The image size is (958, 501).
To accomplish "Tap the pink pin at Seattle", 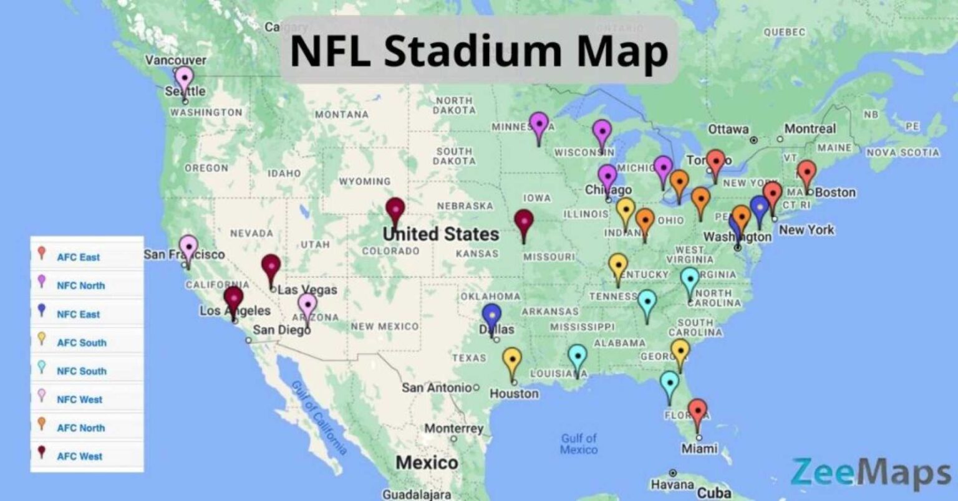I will coord(184,79).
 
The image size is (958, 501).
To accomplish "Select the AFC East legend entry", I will coord(78,257).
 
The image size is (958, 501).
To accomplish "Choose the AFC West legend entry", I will coord(79,456).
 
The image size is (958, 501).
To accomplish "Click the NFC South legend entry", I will coord(81,371).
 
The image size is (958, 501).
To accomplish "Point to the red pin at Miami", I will coord(697,412).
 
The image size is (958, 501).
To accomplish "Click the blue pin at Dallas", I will coord(492,316).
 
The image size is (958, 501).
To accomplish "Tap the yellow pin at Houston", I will coord(512,360).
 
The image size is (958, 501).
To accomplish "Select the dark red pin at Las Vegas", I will coord(271,267).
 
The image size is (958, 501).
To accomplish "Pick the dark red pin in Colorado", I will coord(395,210).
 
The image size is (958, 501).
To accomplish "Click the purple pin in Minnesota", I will coord(538,125).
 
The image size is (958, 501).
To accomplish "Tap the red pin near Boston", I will coord(806,173).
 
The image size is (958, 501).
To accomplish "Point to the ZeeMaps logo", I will coord(871,472).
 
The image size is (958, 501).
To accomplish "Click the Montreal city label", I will coord(810,129).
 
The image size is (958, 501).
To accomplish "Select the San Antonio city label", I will coord(437,388).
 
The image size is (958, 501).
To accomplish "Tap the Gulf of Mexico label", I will coord(578,444).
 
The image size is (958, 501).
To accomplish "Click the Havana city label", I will coord(672,484).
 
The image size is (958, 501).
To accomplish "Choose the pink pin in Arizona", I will coord(307,305).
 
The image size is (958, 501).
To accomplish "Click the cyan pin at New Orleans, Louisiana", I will coord(578,357).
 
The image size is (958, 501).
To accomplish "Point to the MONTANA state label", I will coord(341,115).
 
